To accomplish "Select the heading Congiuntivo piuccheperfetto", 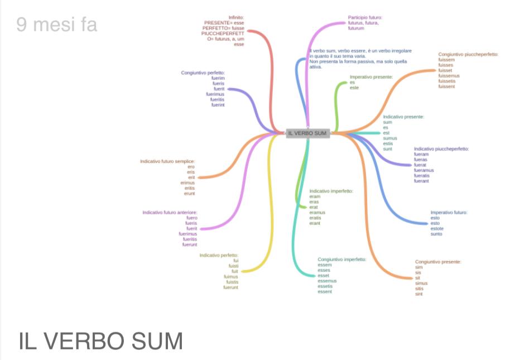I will pyautogui.click(x=468, y=55).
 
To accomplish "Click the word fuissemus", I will pyautogui.click(x=449, y=76).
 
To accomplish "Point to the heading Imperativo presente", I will pyautogui.click(x=371, y=77).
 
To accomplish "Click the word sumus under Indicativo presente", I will pyautogui.click(x=390, y=138).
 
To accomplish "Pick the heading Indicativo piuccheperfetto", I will pyautogui.click(x=441, y=149).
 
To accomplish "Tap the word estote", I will pyautogui.click(x=437, y=229).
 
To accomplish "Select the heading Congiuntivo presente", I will pyautogui.click(x=438, y=262).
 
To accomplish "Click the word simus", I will pyautogui.click(x=421, y=284).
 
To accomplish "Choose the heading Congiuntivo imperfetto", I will pyautogui.click(x=342, y=260).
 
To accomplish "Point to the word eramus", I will pyautogui.click(x=317, y=213).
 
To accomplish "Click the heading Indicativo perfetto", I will pyautogui.click(x=219, y=255).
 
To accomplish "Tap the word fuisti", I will pyautogui.click(x=233, y=266).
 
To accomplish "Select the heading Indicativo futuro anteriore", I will pyautogui.click(x=170, y=212).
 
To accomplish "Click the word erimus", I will pyautogui.click(x=187, y=183).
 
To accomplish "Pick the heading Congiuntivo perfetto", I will pyautogui.click(x=203, y=73).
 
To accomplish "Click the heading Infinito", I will pyautogui.click(x=236, y=17).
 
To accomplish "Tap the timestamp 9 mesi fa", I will pyautogui.click(x=56, y=25).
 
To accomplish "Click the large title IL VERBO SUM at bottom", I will pyautogui.click(x=101, y=341).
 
